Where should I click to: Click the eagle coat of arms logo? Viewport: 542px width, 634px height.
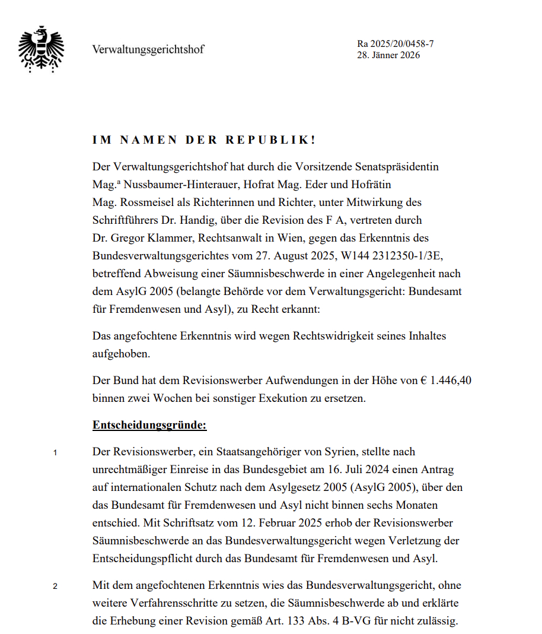42,49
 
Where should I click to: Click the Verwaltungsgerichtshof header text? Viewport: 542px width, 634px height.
148,49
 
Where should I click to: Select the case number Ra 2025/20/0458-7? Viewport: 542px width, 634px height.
396,44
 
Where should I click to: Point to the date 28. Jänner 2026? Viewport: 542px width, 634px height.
388,55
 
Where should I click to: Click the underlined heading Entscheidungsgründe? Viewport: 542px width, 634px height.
149,425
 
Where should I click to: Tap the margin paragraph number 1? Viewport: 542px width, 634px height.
55,454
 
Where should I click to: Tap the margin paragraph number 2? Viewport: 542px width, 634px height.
55,587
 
